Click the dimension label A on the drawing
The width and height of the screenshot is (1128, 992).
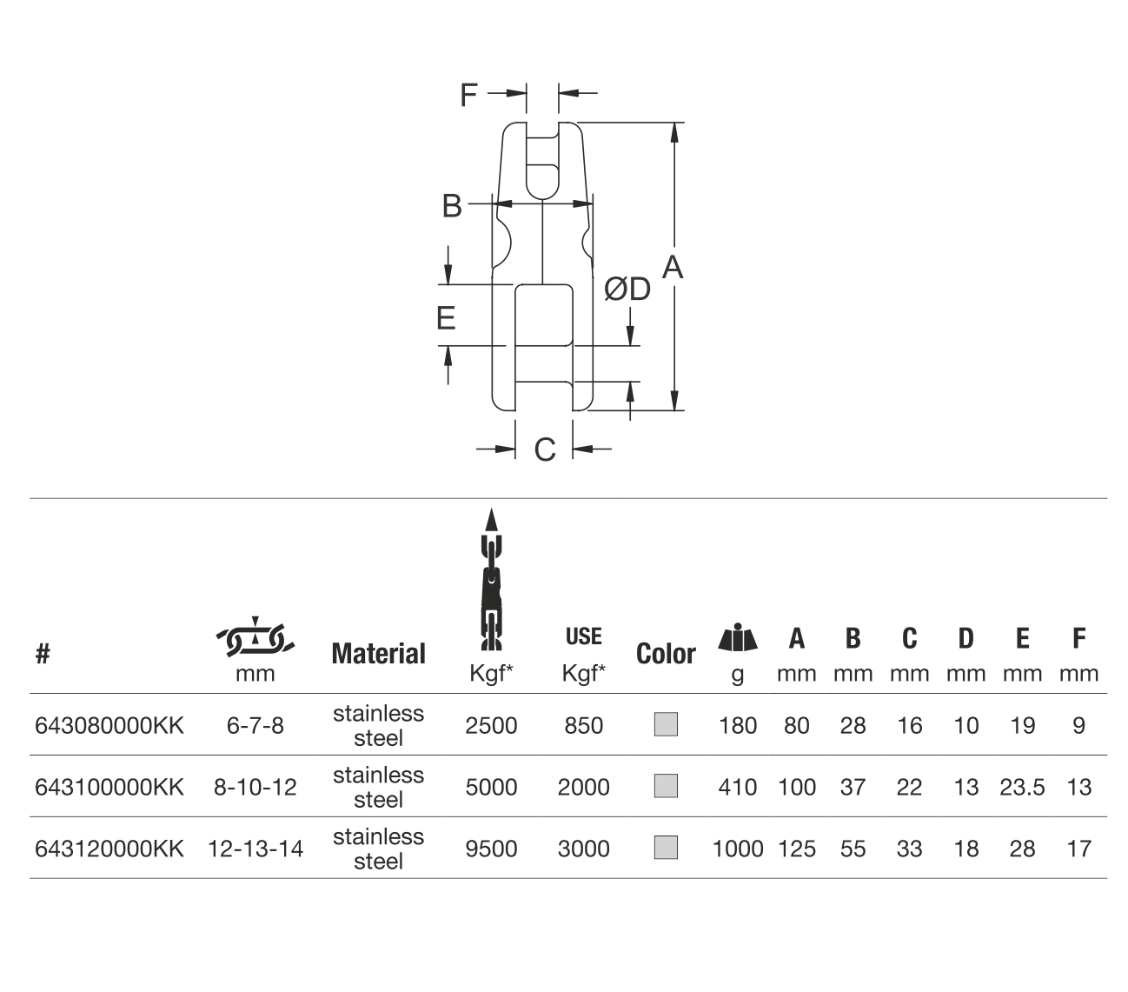point(672,267)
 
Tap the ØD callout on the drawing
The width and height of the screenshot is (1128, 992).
point(627,289)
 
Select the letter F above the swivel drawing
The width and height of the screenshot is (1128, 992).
point(468,95)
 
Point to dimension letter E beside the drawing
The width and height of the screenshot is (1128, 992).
point(446,318)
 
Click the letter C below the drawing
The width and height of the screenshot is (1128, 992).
point(545,449)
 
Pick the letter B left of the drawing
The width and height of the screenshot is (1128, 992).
point(452,205)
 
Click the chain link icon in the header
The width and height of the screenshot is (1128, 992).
point(255,636)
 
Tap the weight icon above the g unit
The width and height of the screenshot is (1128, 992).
point(737,636)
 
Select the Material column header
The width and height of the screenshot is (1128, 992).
point(379,653)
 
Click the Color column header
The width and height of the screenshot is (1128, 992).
point(666,653)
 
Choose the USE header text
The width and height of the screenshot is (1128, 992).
point(583,636)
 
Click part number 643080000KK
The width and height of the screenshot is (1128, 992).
point(109,725)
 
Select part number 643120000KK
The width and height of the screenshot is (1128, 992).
point(109,849)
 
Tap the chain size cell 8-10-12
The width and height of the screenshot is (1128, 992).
point(255,787)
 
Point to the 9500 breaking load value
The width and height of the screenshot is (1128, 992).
point(491,849)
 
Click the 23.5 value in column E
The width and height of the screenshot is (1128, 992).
point(1022,787)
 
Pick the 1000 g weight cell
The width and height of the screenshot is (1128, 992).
point(737,849)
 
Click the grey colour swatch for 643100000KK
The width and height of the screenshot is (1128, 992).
point(666,785)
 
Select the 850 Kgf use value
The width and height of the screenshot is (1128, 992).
point(583,725)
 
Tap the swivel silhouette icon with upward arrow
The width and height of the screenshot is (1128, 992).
point(491,579)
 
